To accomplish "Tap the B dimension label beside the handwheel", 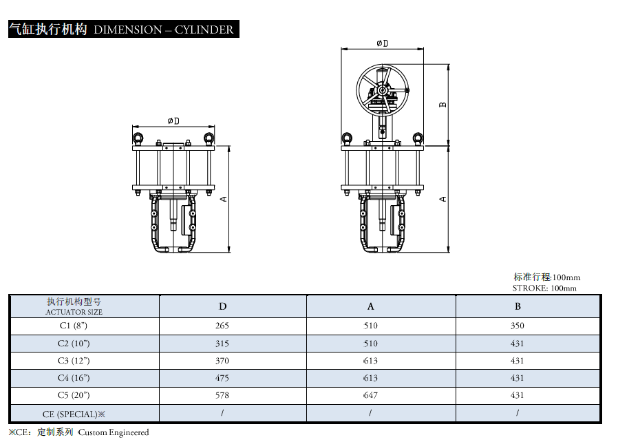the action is [443, 105].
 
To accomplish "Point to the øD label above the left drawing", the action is [173, 120].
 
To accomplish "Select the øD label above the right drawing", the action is [383, 43].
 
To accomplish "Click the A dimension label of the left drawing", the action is [223, 199].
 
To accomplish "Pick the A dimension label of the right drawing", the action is [443, 199].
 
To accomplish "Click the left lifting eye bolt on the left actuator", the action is [138, 138].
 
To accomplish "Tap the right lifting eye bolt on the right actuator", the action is [418, 138].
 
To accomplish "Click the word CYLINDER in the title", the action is [204, 30].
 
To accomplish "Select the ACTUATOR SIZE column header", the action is [74, 312].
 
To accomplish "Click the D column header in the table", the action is [223, 306].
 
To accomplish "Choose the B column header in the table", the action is [518, 306].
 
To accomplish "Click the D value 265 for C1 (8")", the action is [222, 326].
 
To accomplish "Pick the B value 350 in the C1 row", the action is [517, 326].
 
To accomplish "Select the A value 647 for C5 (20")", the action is [370, 395].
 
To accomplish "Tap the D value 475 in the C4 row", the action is [222, 378].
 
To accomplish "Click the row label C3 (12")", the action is [74, 361].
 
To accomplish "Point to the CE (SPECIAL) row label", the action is [74, 414].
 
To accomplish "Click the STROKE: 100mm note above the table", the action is [544, 288].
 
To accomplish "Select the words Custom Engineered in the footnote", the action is [114, 432].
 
